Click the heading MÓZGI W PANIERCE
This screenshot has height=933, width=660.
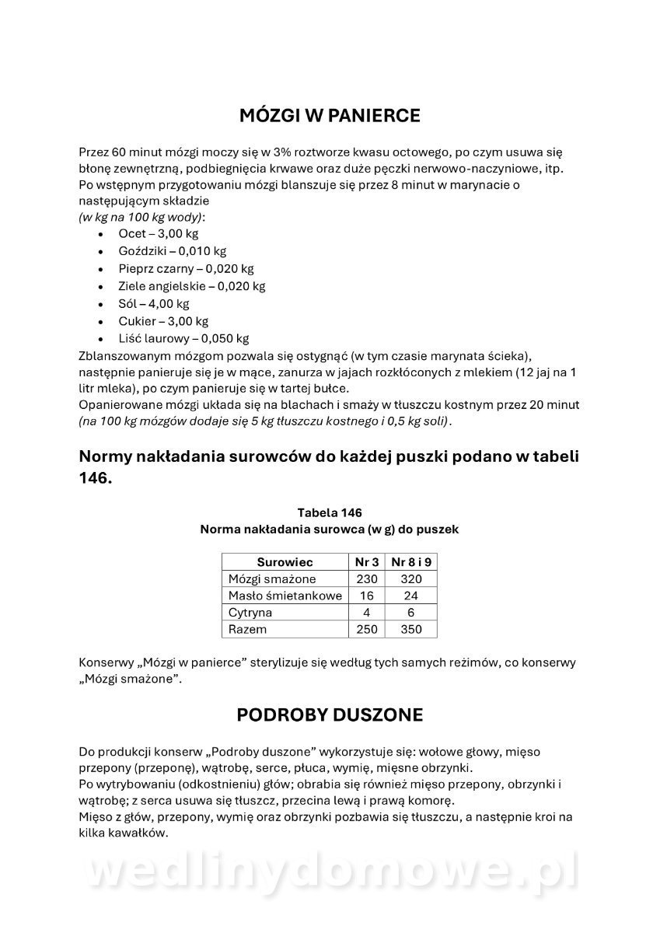click(x=330, y=116)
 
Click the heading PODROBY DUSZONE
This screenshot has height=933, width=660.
click(x=330, y=715)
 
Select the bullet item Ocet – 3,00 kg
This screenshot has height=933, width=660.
click(x=158, y=233)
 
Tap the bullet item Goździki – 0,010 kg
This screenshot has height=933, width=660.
click(x=173, y=251)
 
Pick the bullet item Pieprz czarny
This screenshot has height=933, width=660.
click(x=186, y=268)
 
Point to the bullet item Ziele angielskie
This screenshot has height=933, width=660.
click(x=191, y=286)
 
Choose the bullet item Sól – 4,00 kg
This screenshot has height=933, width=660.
click(x=154, y=303)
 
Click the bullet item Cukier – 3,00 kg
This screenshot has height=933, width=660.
click(x=163, y=321)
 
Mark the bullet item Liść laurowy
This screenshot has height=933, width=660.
click(x=183, y=338)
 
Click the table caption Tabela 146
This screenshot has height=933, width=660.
click(x=330, y=512)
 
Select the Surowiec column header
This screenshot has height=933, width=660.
click(x=285, y=561)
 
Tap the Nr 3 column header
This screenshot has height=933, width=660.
click(x=367, y=561)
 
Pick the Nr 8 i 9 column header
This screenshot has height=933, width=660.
click(x=411, y=561)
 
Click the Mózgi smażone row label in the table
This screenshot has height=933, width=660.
click(x=272, y=578)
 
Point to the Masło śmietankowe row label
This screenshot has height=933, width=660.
click(x=285, y=596)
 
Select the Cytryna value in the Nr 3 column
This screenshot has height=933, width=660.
click(x=367, y=613)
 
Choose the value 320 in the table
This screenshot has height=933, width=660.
click(x=411, y=578)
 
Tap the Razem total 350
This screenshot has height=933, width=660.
click(x=411, y=629)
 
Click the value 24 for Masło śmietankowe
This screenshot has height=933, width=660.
click(x=411, y=596)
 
